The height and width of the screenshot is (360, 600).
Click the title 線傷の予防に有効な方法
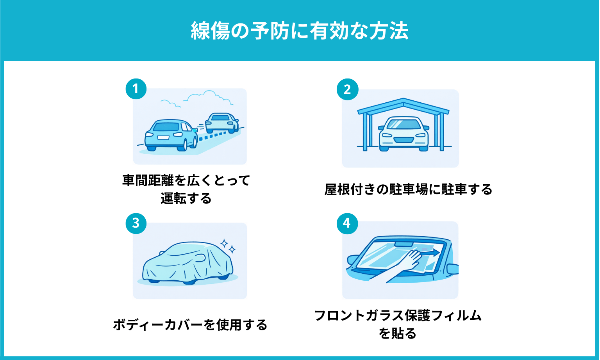300,31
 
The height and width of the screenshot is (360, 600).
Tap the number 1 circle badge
136,89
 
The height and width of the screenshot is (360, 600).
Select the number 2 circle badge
347,89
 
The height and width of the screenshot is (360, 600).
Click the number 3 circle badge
136,223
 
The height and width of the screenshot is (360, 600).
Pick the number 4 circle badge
347,223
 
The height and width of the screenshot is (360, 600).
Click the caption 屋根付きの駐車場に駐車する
408,189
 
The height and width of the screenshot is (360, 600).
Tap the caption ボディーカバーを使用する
190,324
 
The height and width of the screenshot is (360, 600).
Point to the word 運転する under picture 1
186,198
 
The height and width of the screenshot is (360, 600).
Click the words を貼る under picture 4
398,333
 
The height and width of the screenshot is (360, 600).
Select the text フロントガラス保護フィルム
398,315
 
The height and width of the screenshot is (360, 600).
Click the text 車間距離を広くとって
186,180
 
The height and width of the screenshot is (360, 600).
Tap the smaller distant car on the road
221,122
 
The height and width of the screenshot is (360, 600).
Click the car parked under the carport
403,134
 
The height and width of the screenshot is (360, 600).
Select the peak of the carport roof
403,100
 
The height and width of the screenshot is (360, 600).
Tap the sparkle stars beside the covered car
228,246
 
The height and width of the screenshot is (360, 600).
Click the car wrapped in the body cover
187,262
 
